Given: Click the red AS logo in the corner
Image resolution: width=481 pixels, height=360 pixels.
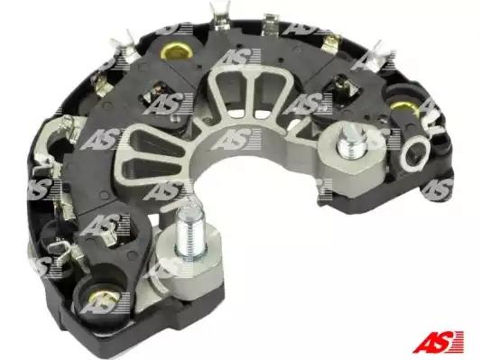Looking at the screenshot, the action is [x=438, y=341].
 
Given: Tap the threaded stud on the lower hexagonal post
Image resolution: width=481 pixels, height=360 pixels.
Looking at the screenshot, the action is [x=190, y=232].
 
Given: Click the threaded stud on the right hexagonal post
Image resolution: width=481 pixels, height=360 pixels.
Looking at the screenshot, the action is [x=352, y=144].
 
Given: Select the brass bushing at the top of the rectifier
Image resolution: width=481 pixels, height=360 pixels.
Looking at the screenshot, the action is [x=176, y=51].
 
